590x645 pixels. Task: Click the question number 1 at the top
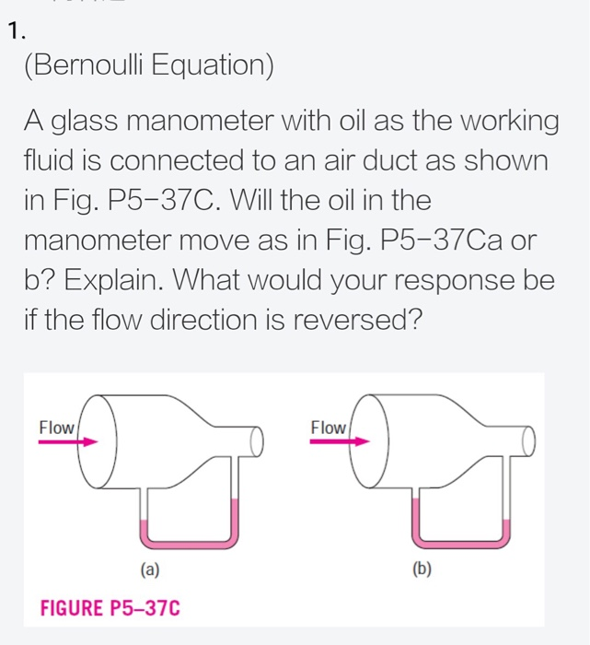coord(11,33)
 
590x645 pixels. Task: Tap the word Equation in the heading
coord(218,67)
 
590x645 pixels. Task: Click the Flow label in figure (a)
coord(57,428)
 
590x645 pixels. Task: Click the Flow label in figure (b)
coord(329,428)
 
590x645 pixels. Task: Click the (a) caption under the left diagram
coord(149,570)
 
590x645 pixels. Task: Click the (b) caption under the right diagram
coord(422,570)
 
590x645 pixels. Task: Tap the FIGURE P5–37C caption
coord(110,608)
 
